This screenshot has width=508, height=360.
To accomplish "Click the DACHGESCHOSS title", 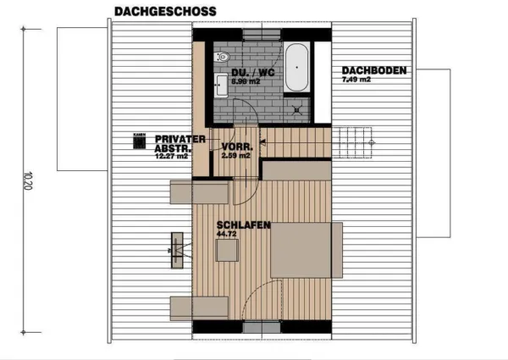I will click(x=164, y=12).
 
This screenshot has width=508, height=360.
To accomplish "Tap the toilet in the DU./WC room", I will click(x=222, y=58).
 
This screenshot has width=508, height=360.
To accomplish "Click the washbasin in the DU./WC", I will click(x=222, y=83).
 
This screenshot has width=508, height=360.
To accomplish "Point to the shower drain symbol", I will click(x=296, y=108).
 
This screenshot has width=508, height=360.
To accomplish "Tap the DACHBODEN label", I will click(x=374, y=70).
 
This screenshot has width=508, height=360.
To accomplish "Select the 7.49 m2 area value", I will click(x=356, y=80).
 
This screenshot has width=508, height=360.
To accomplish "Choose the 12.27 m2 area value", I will click(x=171, y=157).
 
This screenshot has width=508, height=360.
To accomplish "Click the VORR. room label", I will click(x=235, y=146).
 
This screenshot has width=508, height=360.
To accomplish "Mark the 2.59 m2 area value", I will click(x=235, y=156).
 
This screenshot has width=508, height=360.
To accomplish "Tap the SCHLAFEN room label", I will click(x=243, y=225).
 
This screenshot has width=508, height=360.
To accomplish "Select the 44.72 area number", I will click(x=226, y=235).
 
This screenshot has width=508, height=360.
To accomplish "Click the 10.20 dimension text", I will click(x=29, y=181).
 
